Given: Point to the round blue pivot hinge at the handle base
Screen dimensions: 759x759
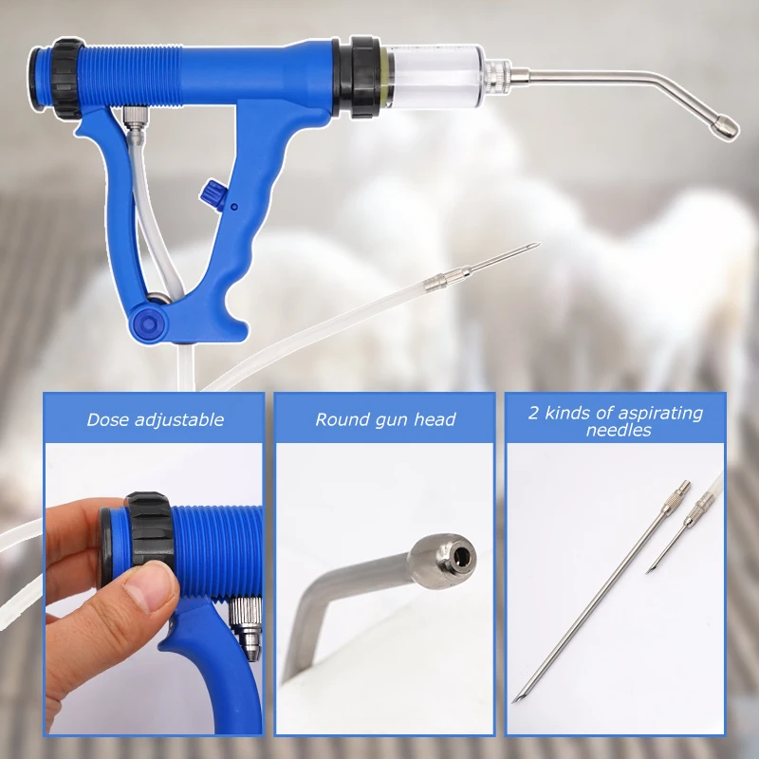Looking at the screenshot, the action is (x=149, y=322).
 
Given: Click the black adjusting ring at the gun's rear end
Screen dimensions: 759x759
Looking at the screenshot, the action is (x=65, y=79).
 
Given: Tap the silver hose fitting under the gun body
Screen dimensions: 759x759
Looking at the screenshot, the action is (x=133, y=120).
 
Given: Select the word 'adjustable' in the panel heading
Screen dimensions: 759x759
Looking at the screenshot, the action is (x=179, y=420).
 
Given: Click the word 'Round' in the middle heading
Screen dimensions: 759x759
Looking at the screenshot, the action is (x=340, y=419).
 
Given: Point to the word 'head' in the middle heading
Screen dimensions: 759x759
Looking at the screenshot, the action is (x=435, y=419).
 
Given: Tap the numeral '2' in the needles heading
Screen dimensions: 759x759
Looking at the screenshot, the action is (x=533, y=413).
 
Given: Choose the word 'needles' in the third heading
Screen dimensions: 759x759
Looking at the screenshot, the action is (x=619, y=430).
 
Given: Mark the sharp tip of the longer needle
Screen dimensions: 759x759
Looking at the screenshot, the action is (x=515, y=701).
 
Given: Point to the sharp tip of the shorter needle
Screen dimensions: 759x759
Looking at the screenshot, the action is (x=647, y=573).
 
